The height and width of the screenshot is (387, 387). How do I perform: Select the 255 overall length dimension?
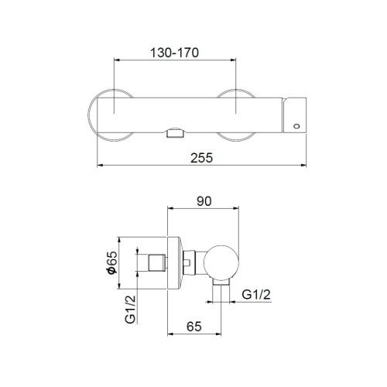click(x=203, y=156)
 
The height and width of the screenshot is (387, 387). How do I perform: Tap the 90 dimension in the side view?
click(x=204, y=200)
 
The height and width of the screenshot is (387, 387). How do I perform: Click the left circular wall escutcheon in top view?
click(x=105, y=115)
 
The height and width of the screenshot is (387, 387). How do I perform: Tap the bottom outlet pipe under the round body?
click(x=221, y=294)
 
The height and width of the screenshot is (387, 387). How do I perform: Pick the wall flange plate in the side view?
click(x=175, y=263)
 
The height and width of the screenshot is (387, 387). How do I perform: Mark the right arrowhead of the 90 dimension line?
click(x=238, y=209)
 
